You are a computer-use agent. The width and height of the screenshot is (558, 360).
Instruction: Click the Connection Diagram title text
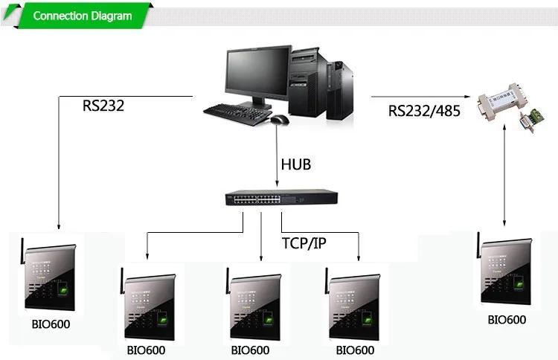click(83, 16)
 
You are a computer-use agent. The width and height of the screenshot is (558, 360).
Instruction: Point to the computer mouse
click(279, 120)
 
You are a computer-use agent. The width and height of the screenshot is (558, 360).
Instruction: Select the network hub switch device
click(281, 198)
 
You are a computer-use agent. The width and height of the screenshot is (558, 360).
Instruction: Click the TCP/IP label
click(304, 243)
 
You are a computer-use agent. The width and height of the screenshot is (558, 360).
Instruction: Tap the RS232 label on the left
click(103, 106)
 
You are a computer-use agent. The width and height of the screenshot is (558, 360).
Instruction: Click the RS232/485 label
click(424, 111)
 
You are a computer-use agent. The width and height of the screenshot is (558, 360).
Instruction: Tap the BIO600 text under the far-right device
click(507, 320)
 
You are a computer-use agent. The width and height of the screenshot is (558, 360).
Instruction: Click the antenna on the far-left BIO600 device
click(22, 249)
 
